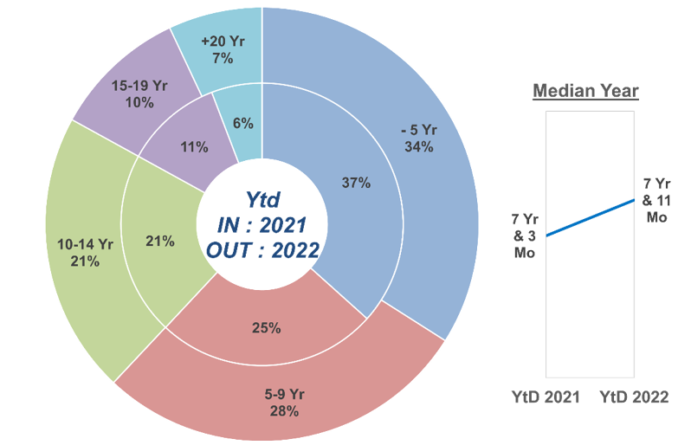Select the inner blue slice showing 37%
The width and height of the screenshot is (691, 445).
355,183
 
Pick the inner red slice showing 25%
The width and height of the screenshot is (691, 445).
266,328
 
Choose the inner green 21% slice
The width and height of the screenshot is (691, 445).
160,242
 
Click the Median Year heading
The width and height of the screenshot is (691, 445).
585,90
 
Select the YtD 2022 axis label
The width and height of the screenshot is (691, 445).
634,397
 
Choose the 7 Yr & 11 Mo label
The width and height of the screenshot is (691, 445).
657,200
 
